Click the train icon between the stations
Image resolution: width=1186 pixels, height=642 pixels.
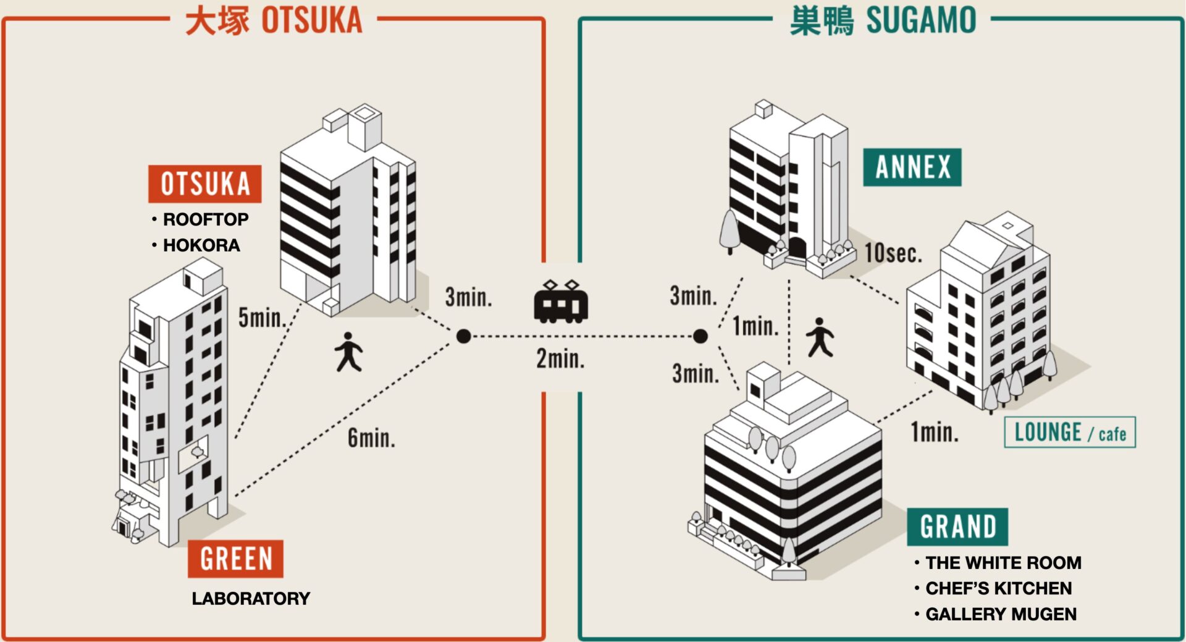(561, 303)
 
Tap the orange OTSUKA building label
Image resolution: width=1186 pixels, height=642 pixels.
(205, 184)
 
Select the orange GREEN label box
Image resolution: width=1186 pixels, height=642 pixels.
(236, 559)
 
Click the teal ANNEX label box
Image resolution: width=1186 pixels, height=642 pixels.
(912, 167)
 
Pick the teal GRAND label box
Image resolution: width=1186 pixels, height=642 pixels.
(957, 527)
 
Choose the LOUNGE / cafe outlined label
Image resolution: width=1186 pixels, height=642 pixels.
(1070, 433)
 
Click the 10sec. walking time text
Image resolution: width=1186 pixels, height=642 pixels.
(893, 253)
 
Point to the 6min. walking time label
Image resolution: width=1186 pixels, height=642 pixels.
(371, 438)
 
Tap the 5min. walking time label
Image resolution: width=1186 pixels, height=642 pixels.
(262, 318)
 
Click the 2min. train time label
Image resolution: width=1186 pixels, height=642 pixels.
(560, 359)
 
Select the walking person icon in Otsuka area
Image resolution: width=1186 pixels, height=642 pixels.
(349, 352)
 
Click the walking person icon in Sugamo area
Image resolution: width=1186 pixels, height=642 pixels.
(820, 338)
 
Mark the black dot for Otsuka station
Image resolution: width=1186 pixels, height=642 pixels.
(464, 336)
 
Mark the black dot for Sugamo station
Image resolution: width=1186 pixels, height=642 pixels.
(700, 336)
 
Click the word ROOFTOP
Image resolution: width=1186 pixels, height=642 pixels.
(205, 219)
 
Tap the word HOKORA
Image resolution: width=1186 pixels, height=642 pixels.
(201, 245)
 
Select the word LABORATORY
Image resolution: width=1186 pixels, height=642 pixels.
(251, 599)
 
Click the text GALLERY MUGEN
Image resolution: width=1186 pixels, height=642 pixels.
(1001, 614)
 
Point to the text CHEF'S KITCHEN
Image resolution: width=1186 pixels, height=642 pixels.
(998, 588)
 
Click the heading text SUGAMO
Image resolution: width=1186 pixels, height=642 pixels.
(921, 20)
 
